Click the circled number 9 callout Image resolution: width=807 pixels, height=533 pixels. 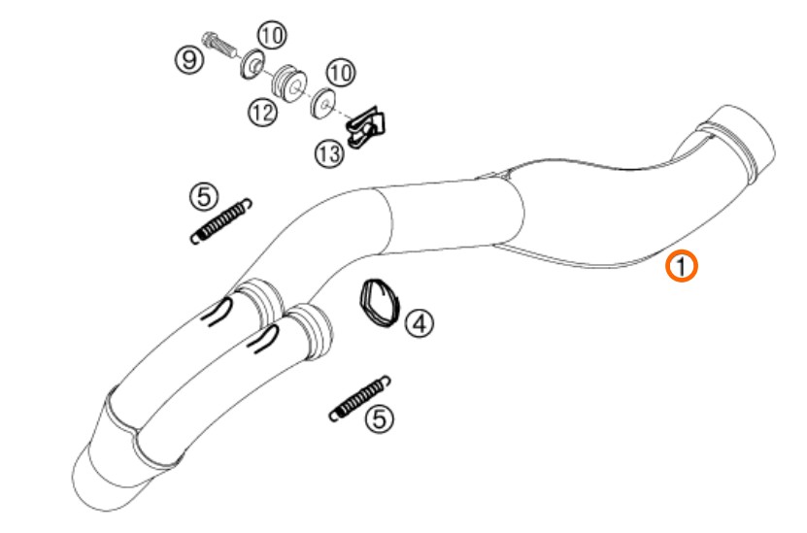[189, 59]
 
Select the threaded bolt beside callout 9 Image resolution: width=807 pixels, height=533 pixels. [220, 46]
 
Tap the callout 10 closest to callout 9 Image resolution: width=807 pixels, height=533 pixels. [272, 36]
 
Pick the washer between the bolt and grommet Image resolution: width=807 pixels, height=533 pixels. [252, 64]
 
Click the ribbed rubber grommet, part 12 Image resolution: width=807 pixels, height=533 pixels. [291, 83]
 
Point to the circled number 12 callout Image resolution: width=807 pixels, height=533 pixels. [262, 112]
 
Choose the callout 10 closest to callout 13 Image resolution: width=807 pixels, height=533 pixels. [341, 73]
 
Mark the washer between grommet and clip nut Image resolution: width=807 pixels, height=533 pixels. [323, 104]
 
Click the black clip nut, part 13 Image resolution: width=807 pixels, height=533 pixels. [367, 128]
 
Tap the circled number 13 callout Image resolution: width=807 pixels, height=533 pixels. [329, 153]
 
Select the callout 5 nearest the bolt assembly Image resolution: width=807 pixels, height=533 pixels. [204, 196]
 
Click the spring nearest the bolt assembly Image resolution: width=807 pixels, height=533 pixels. [220, 221]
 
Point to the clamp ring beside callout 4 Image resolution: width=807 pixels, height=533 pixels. [380, 304]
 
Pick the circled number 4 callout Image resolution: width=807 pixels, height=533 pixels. [420, 323]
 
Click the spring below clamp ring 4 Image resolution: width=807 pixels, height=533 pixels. [359, 399]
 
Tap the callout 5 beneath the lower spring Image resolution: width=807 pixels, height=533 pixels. [379, 418]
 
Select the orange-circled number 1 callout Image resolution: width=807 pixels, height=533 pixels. [682, 267]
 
